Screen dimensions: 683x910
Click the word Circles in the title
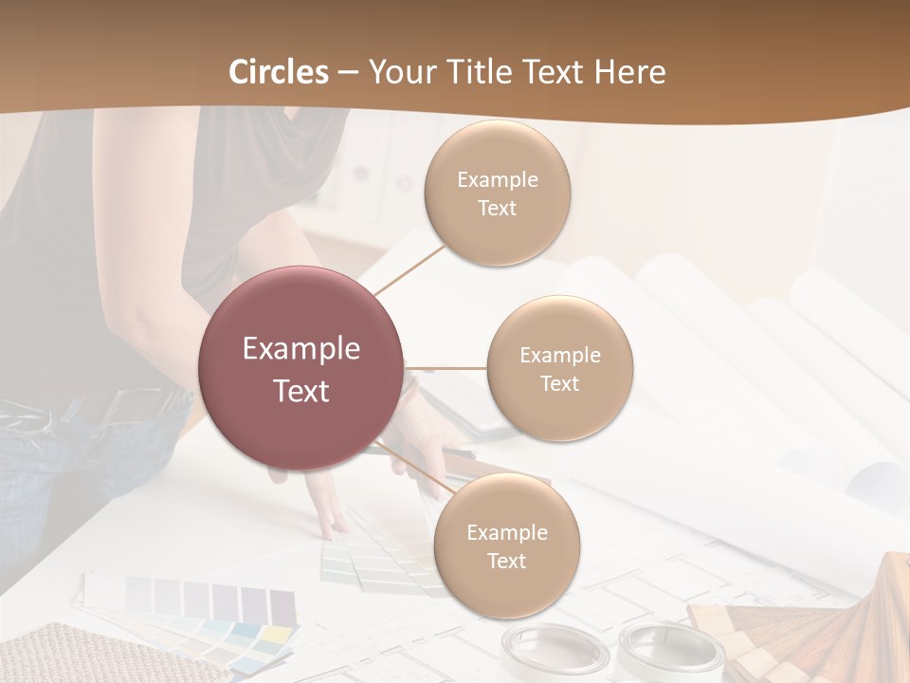279,72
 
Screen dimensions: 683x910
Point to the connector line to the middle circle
446,367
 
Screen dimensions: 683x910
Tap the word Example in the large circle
300,349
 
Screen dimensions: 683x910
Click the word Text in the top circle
497,208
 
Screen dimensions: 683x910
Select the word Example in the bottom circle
506,532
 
